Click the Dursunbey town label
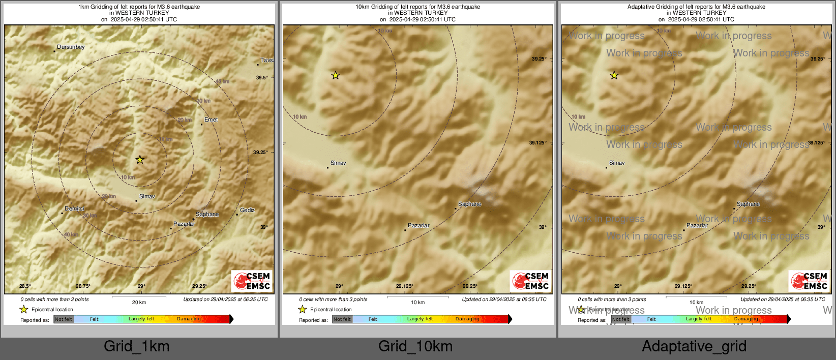pos(71,47)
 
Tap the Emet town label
pos(211,120)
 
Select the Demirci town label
pos(74,209)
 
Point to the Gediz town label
pos(247,211)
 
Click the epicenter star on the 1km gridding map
pos(140,160)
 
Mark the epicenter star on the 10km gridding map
pos(336,75)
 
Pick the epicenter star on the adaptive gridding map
pos(614,75)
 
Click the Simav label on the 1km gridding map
pos(147,196)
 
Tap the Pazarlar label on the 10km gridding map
pos(419,225)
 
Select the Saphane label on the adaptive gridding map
pos(748,204)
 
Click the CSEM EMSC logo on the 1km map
pos(252,281)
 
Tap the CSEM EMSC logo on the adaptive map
pos(810,281)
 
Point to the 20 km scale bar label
pos(139,303)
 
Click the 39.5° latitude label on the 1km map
pos(262,78)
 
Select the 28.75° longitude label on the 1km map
pos(83,286)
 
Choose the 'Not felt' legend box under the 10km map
pos(342,319)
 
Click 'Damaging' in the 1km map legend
pos(189,319)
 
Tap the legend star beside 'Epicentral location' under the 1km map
pos(23,309)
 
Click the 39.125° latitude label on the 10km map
pos(538,143)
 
